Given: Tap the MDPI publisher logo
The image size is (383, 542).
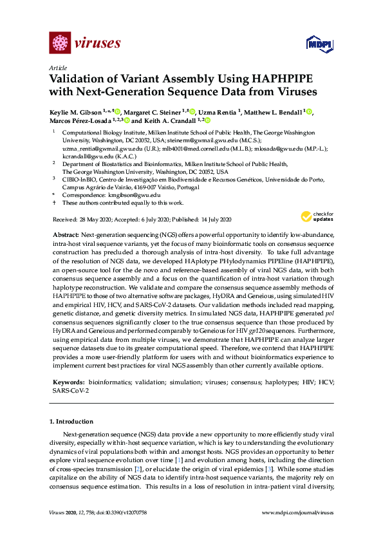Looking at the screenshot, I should pos(317,44).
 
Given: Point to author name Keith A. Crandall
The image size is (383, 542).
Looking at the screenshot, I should pos(167,120).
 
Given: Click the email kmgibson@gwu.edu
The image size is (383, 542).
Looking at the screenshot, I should pos(134,194).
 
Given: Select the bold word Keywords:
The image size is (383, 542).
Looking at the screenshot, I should pos(68,382).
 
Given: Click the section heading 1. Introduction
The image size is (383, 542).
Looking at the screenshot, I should pos(75,421).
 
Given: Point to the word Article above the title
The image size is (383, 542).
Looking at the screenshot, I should pos(57,68).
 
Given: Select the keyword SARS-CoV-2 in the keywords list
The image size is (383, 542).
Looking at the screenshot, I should pos(70,390).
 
